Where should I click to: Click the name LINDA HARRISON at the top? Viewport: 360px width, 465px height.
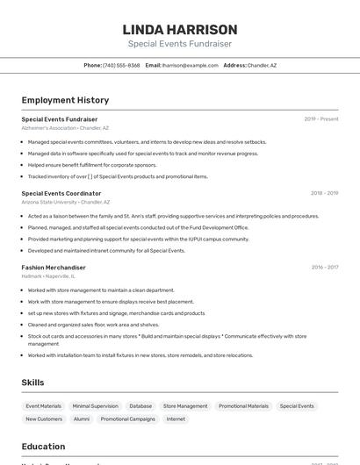click(x=180, y=29)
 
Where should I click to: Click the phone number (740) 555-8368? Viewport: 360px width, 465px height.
click(x=121, y=65)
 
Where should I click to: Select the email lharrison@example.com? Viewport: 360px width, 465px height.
click(x=191, y=65)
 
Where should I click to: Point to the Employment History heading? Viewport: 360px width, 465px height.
click(x=65, y=100)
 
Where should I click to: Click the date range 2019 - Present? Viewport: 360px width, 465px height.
click(x=321, y=118)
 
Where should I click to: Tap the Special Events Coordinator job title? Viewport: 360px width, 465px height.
click(x=61, y=193)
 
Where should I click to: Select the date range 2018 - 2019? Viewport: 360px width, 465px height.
click(x=324, y=193)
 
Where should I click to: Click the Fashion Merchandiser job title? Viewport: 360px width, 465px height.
click(x=54, y=267)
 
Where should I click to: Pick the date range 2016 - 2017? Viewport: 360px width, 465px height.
click(x=324, y=267)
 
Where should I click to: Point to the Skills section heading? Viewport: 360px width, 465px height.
click(x=32, y=383)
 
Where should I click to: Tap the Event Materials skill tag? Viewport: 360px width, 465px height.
click(x=44, y=406)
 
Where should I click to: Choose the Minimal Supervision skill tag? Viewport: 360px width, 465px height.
click(x=95, y=406)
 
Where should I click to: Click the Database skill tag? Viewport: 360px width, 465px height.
click(x=140, y=406)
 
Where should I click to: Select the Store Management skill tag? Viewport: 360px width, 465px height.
click(x=185, y=406)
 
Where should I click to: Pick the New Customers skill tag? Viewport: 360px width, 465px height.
click(x=44, y=419)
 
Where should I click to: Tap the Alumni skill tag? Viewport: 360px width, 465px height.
click(x=82, y=419)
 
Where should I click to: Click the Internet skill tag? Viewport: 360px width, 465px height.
click(x=176, y=419)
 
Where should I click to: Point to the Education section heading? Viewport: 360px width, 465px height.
click(x=43, y=447)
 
